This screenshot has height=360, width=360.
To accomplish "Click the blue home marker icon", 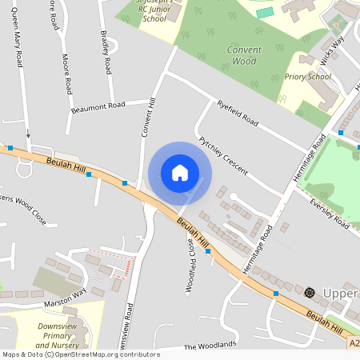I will click(x=180, y=172).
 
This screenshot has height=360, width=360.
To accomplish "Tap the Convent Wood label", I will click(x=244, y=55).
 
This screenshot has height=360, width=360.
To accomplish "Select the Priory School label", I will click(x=307, y=77).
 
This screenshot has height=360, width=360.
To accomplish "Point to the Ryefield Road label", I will click(x=238, y=114).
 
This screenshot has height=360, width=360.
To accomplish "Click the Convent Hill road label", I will click(x=147, y=117).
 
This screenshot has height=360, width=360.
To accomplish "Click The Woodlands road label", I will click(x=210, y=346).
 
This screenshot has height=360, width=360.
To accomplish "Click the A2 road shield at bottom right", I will click(x=354, y=343).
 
